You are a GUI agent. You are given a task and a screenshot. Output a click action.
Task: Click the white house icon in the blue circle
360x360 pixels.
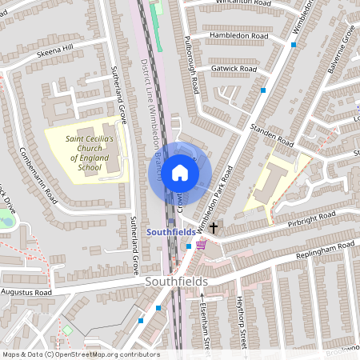180,171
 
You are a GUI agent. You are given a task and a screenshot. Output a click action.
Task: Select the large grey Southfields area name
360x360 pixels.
176,282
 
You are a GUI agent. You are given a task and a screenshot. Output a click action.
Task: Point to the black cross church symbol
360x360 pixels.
214,229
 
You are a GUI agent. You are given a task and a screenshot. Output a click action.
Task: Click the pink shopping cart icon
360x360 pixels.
202,245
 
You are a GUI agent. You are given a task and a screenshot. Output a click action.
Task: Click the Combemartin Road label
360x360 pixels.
39,176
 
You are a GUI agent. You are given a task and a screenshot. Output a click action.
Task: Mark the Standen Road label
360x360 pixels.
274,138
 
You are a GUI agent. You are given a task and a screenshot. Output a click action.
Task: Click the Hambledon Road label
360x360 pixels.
238,36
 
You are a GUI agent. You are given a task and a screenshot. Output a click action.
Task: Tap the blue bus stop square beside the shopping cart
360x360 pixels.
189,246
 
